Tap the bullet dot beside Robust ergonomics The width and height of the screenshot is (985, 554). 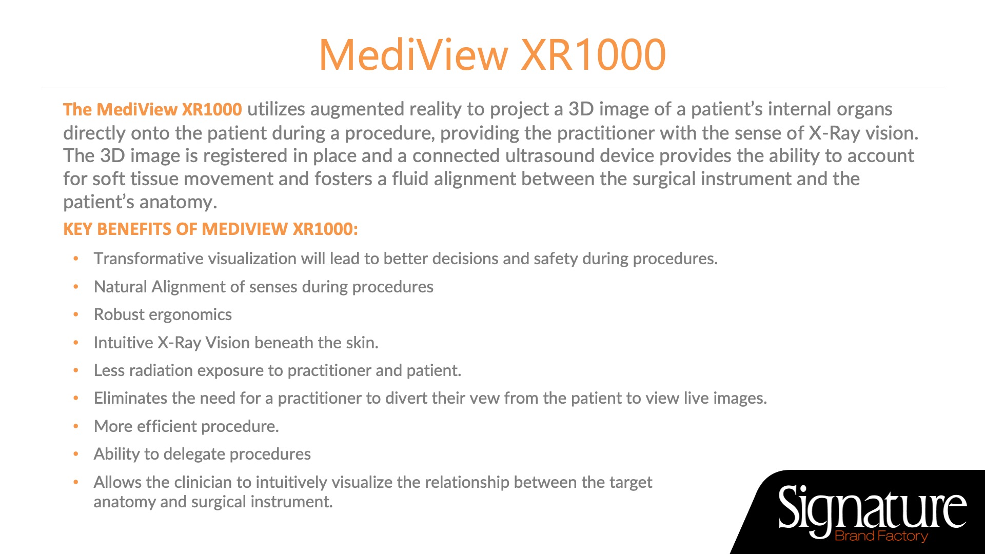tap(76, 314)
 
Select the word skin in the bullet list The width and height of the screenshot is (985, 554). tap(362, 342)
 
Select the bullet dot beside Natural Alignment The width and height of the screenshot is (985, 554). tap(76, 287)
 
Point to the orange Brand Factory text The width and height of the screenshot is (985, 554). tap(881, 536)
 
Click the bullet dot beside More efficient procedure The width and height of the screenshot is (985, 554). tap(76, 426)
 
